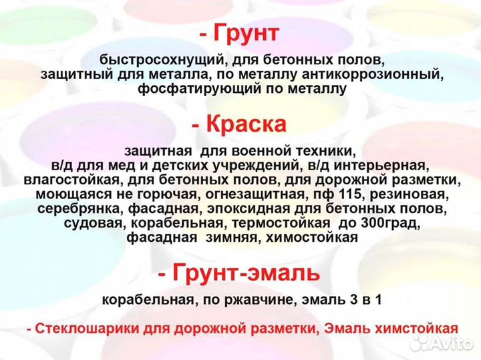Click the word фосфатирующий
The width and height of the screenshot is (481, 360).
[x=189, y=89]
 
